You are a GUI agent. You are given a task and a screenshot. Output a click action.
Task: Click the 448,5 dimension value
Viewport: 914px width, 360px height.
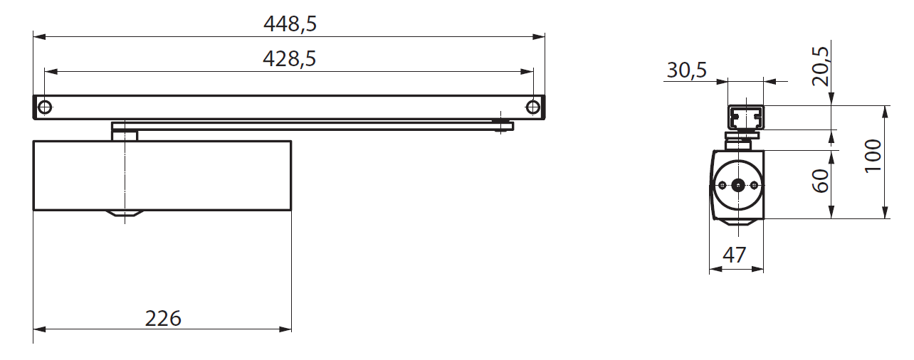pos(290,24)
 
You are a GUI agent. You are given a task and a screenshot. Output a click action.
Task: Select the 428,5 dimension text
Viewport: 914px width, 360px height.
pos(289,59)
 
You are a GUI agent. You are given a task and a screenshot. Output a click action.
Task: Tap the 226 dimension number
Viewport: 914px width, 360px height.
pos(163,319)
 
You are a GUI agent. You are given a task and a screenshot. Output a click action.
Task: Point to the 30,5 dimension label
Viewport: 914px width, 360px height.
pos(687,70)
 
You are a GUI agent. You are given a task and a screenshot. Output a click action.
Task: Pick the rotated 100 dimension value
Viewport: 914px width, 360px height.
pos(873,156)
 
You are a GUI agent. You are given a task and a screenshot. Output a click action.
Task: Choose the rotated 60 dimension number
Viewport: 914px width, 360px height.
pos(821,181)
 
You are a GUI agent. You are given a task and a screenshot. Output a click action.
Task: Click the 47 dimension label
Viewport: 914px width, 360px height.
pos(735,255)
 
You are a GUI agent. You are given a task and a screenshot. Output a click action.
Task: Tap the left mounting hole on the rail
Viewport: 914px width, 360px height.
pos(44,107)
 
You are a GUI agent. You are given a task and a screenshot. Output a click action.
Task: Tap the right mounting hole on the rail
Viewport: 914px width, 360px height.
pos(532,107)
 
